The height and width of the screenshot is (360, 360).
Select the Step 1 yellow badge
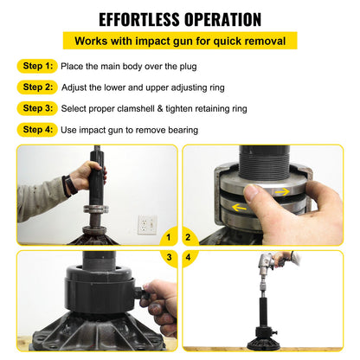[37, 66]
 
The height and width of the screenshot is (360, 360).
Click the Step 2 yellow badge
[37, 87]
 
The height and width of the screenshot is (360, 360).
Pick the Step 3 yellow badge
[37, 108]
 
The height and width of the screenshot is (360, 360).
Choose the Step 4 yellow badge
[37, 129]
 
